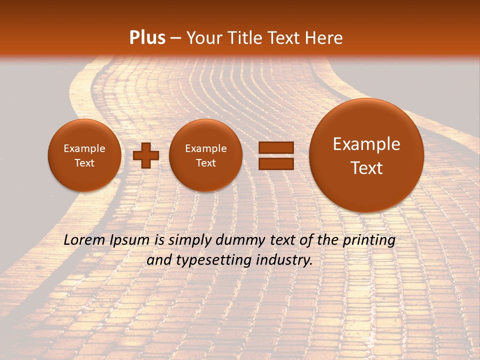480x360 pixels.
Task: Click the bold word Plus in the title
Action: pyautogui.click(x=147, y=38)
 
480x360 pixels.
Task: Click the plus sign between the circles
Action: pyautogui.click(x=146, y=155)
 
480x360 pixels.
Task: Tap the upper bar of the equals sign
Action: pyautogui.click(x=275, y=148)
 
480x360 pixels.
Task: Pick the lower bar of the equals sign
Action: pyautogui.click(x=275, y=163)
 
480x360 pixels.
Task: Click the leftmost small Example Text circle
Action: pyautogui.click(x=84, y=155)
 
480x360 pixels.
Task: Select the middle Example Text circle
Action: pyautogui.click(x=205, y=155)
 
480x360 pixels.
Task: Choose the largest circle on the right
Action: pyautogui.click(x=366, y=155)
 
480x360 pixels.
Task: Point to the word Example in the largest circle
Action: pyautogui.click(x=366, y=144)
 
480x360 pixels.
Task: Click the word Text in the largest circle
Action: pyautogui.click(x=366, y=168)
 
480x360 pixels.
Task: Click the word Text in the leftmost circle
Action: pyautogui.click(x=84, y=163)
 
